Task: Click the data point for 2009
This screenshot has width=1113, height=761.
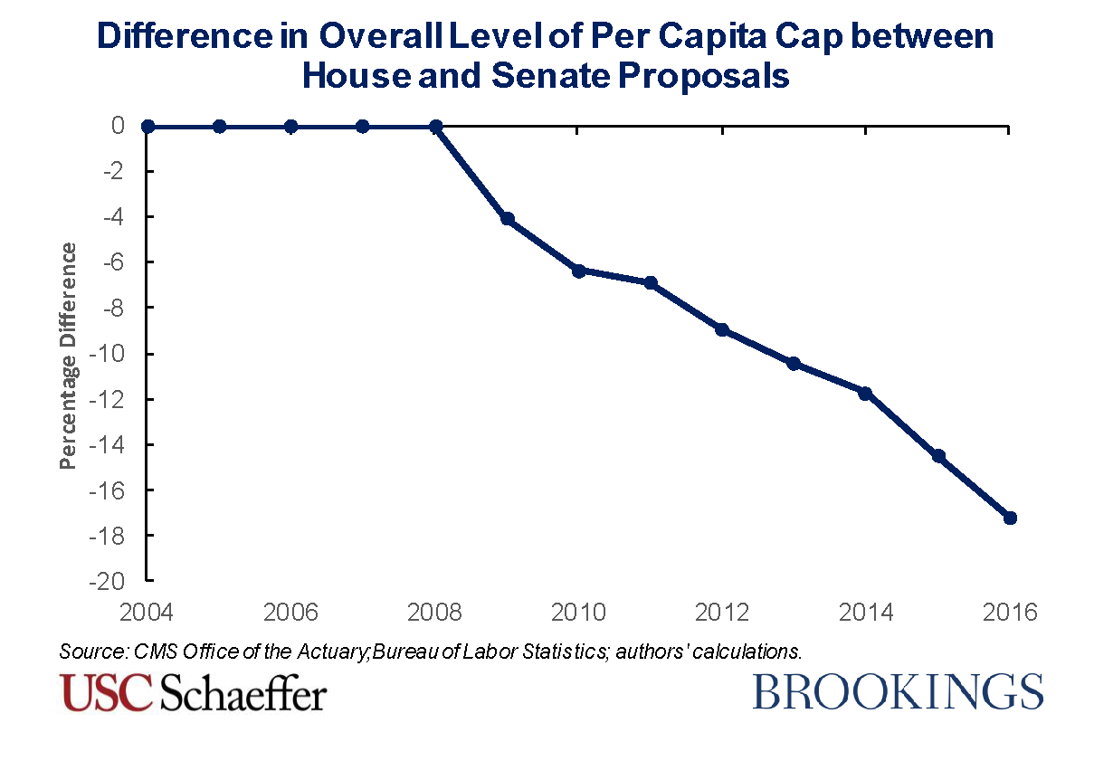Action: coord(507,219)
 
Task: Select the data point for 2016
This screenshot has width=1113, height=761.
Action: coord(1010,518)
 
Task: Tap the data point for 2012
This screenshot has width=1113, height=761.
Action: coord(722,329)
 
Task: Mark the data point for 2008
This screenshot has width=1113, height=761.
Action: coord(435,127)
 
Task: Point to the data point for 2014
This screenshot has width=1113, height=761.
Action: coord(866,393)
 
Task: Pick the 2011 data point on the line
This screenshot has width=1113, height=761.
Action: coord(651,283)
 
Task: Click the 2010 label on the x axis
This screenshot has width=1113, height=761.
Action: coord(579,614)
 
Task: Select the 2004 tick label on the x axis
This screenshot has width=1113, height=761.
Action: coord(147,614)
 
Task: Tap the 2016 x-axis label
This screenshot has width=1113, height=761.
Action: coord(1010,614)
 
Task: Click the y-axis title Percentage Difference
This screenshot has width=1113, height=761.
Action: coord(68,356)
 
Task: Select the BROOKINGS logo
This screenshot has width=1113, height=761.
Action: coord(898,691)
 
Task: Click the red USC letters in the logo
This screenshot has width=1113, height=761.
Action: coord(107,692)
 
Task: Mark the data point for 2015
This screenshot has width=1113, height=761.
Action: coord(938,456)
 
